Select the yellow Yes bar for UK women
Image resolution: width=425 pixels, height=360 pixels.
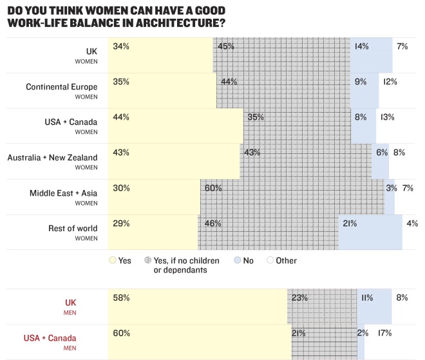point(161,55)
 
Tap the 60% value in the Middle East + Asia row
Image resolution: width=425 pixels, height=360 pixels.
point(213,188)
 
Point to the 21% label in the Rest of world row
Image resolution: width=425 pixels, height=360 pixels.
point(350,223)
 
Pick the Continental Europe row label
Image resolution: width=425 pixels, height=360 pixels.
point(61,86)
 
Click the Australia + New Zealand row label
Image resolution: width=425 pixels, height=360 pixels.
point(52,157)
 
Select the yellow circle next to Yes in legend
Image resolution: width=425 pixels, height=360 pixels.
point(113,261)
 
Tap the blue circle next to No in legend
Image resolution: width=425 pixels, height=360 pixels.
point(237,261)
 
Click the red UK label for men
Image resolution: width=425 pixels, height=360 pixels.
point(71,302)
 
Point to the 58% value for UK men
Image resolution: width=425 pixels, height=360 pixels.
point(121,298)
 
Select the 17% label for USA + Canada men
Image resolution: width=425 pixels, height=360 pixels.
point(384,333)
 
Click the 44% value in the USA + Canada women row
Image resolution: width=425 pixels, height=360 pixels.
point(121,117)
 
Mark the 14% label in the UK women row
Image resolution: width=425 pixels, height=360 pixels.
point(361,46)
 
